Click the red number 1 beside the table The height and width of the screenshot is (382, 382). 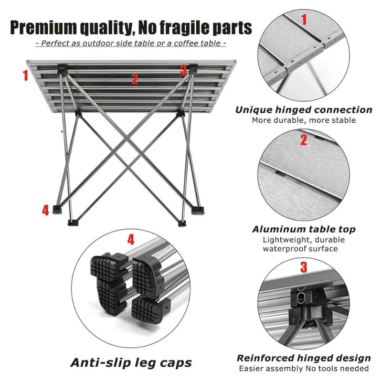(x=26, y=75)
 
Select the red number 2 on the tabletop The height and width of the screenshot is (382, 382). (x=135, y=79)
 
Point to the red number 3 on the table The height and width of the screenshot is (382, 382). (x=183, y=70)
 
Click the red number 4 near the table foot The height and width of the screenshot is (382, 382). (x=45, y=210)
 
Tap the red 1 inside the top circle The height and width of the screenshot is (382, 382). (x=303, y=20)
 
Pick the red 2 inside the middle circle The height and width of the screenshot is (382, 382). (x=303, y=140)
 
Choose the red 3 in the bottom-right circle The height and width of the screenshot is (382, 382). (x=303, y=267)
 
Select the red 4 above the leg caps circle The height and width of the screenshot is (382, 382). (x=130, y=239)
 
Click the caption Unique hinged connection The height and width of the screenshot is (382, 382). (x=303, y=110)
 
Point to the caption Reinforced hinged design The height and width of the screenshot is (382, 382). (x=303, y=358)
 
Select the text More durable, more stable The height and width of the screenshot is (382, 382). (x=304, y=120)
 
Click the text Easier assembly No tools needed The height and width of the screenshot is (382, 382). (x=303, y=369)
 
